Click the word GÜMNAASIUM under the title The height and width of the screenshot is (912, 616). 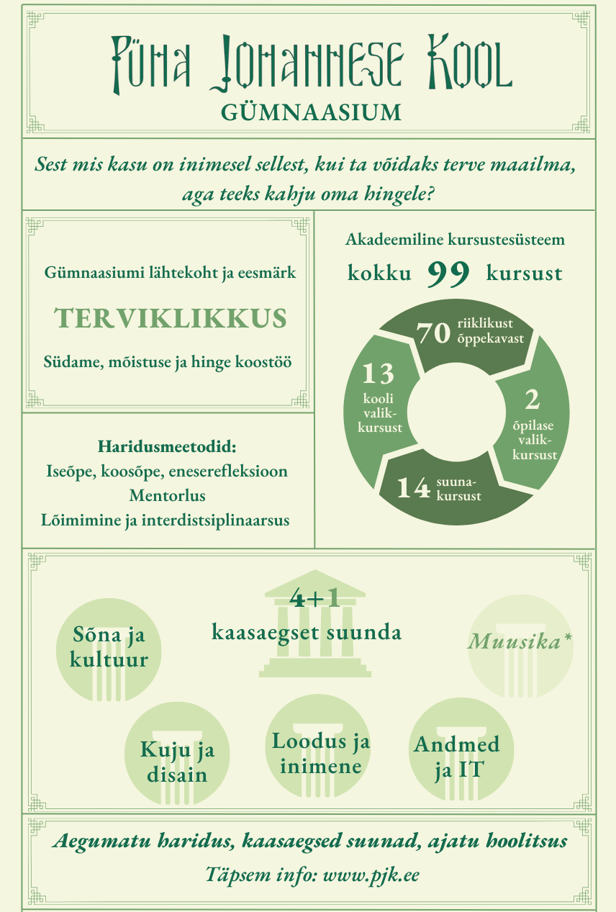coord(311,112)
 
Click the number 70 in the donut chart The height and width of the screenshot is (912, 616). coord(433,333)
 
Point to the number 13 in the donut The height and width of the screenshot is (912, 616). coord(378,374)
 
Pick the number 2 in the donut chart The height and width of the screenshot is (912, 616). coord(532,399)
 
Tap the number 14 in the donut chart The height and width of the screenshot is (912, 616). coord(413,488)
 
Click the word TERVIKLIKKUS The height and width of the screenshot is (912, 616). coord(170,318)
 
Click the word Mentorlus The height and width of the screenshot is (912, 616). coord(167,495)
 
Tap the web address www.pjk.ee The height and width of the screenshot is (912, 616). coord(371,875)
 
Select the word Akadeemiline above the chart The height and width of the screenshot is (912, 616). coord(398,239)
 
